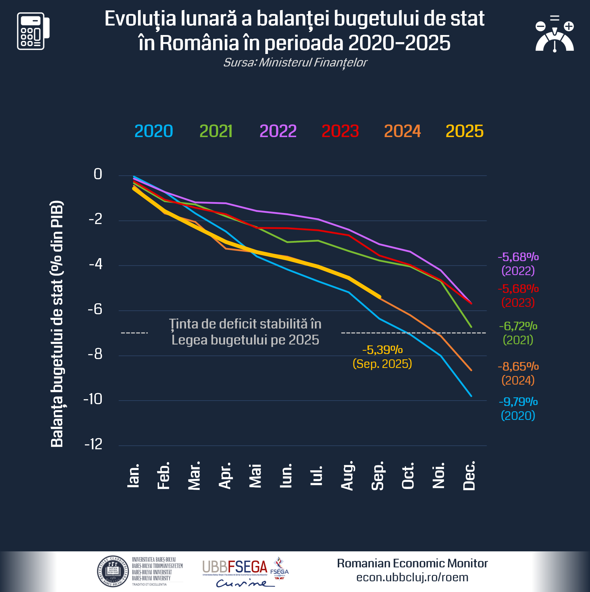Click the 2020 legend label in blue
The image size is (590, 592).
(153, 131)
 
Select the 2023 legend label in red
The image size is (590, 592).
(340, 131)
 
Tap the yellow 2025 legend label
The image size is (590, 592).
(464, 131)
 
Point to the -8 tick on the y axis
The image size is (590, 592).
(95, 354)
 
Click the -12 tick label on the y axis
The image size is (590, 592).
(93, 444)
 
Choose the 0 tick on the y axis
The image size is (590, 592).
(98, 174)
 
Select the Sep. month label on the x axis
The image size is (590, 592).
(378, 476)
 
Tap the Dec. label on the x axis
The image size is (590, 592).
(469, 476)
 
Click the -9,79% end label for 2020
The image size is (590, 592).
(518, 401)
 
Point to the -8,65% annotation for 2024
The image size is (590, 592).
(518, 366)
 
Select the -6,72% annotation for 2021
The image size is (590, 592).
(518, 326)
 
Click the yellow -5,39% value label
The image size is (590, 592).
(383, 350)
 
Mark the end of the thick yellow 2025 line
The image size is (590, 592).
(380, 297)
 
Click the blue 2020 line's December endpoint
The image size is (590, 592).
(471, 396)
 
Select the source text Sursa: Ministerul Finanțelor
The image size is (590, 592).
(295, 63)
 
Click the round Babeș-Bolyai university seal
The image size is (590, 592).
(113, 571)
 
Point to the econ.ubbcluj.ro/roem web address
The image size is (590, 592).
(412, 577)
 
